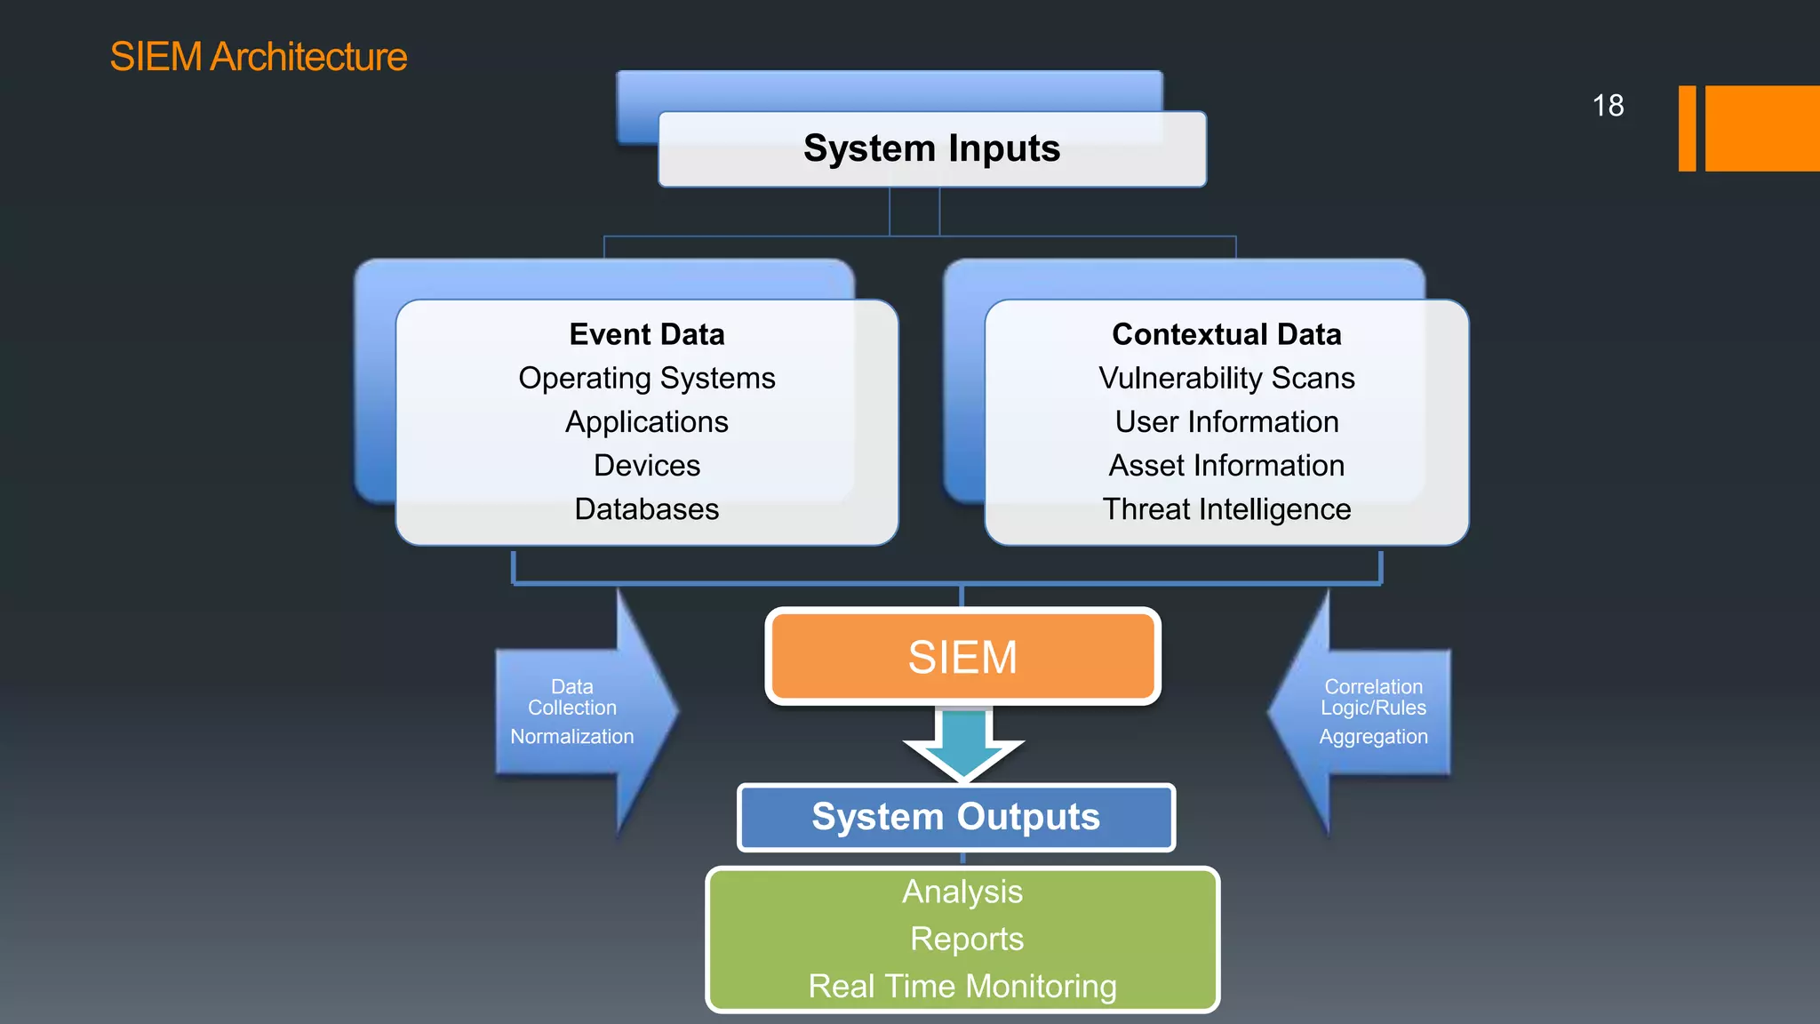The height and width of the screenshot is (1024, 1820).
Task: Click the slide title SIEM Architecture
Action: (258, 57)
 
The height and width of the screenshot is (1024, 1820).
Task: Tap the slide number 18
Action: (1608, 106)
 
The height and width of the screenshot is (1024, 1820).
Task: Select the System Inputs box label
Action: (931, 148)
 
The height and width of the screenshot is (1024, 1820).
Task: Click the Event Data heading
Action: (647, 334)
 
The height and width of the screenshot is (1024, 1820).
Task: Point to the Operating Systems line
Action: (647, 379)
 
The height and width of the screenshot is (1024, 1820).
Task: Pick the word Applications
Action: (647, 422)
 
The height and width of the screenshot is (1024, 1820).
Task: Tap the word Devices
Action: (647, 466)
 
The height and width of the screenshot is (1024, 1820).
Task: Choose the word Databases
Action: (647, 509)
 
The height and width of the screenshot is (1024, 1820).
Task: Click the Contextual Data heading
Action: (1226, 334)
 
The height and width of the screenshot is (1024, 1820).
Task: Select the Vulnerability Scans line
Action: (1226, 379)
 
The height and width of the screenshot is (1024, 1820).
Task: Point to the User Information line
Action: (1226, 422)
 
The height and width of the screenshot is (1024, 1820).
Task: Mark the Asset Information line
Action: (1226, 466)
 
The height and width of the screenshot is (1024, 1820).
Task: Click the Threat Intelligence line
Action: (1226, 509)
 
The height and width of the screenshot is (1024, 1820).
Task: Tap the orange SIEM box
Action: (962, 657)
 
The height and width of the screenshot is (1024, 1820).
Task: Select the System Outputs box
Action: (956, 817)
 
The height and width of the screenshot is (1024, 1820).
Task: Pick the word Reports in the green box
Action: (967, 939)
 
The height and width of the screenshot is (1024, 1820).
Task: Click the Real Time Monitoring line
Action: (962, 987)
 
